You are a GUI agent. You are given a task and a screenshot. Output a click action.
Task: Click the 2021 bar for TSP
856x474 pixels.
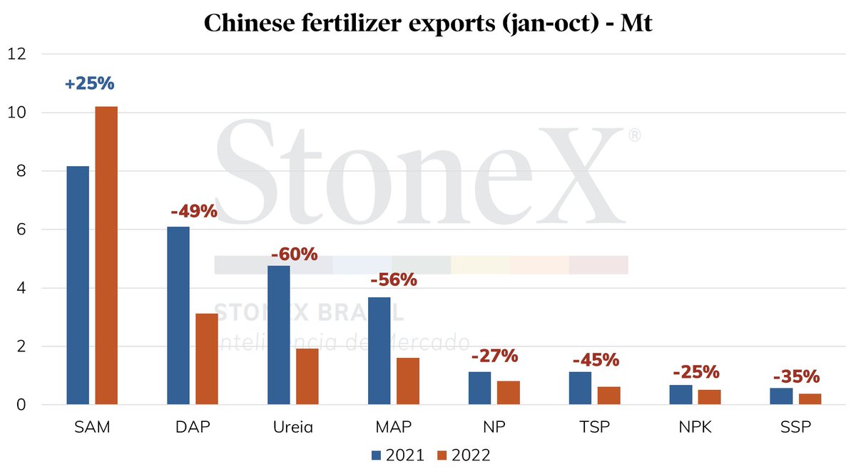click(x=581, y=388)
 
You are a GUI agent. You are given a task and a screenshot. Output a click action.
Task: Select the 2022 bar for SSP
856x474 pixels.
click(x=810, y=399)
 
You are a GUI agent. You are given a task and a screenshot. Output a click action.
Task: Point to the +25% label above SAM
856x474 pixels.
click(x=89, y=83)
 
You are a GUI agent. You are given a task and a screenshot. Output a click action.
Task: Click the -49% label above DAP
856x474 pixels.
click(x=193, y=212)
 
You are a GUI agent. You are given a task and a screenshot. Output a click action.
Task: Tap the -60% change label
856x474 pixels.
click(x=294, y=254)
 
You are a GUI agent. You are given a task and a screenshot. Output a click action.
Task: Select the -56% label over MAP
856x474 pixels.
click(x=393, y=279)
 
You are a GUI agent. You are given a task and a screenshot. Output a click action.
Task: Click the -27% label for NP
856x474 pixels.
click(x=494, y=356)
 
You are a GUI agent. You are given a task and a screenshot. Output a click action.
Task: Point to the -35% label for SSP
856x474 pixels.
click(x=796, y=376)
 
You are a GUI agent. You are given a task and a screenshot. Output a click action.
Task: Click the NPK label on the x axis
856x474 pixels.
click(x=695, y=427)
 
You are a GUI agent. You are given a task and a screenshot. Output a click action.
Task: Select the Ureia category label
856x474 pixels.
click(x=293, y=427)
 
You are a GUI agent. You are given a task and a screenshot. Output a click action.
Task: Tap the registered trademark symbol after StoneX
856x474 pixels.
click(x=633, y=135)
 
